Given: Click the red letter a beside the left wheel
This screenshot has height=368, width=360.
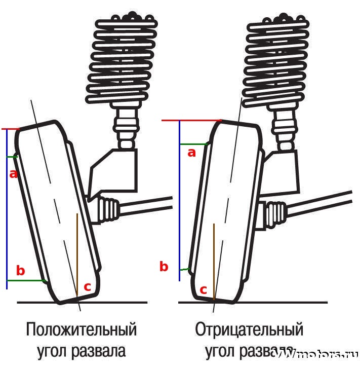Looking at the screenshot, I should coord(14,174).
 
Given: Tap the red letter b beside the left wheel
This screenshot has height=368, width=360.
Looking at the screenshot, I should coord(20,271).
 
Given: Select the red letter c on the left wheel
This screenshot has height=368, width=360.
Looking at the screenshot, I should coord(87,286).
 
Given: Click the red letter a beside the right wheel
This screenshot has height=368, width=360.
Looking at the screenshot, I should coord(191,152).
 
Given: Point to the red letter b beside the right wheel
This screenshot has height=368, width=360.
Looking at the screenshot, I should coord(164,267).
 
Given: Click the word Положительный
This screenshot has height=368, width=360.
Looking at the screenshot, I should coord(82,329).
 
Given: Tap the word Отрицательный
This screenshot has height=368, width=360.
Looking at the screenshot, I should coord(249,329).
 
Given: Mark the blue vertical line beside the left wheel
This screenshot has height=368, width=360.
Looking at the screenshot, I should coord(7,213).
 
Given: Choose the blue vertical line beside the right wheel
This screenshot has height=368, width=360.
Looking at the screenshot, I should coord(180,203).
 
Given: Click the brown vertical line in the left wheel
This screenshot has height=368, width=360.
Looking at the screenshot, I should coord(76,253).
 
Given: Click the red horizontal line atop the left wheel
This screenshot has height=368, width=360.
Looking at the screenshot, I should coord(10,129).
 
